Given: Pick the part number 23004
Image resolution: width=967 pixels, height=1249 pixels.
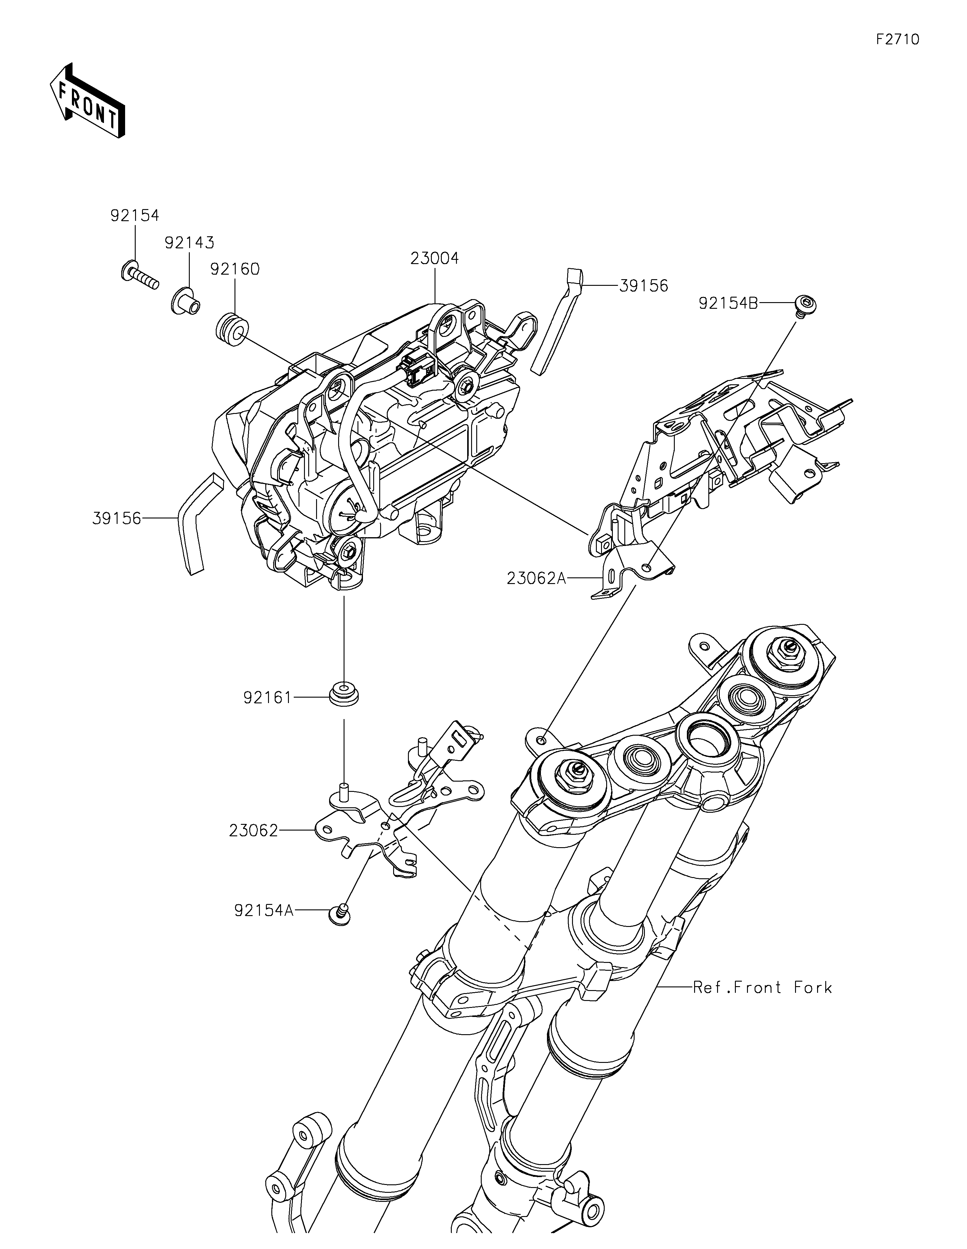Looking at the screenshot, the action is pyautogui.click(x=435, y=259).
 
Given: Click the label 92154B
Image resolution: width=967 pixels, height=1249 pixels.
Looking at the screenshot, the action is pyautogui.click(x=728, y=304).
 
